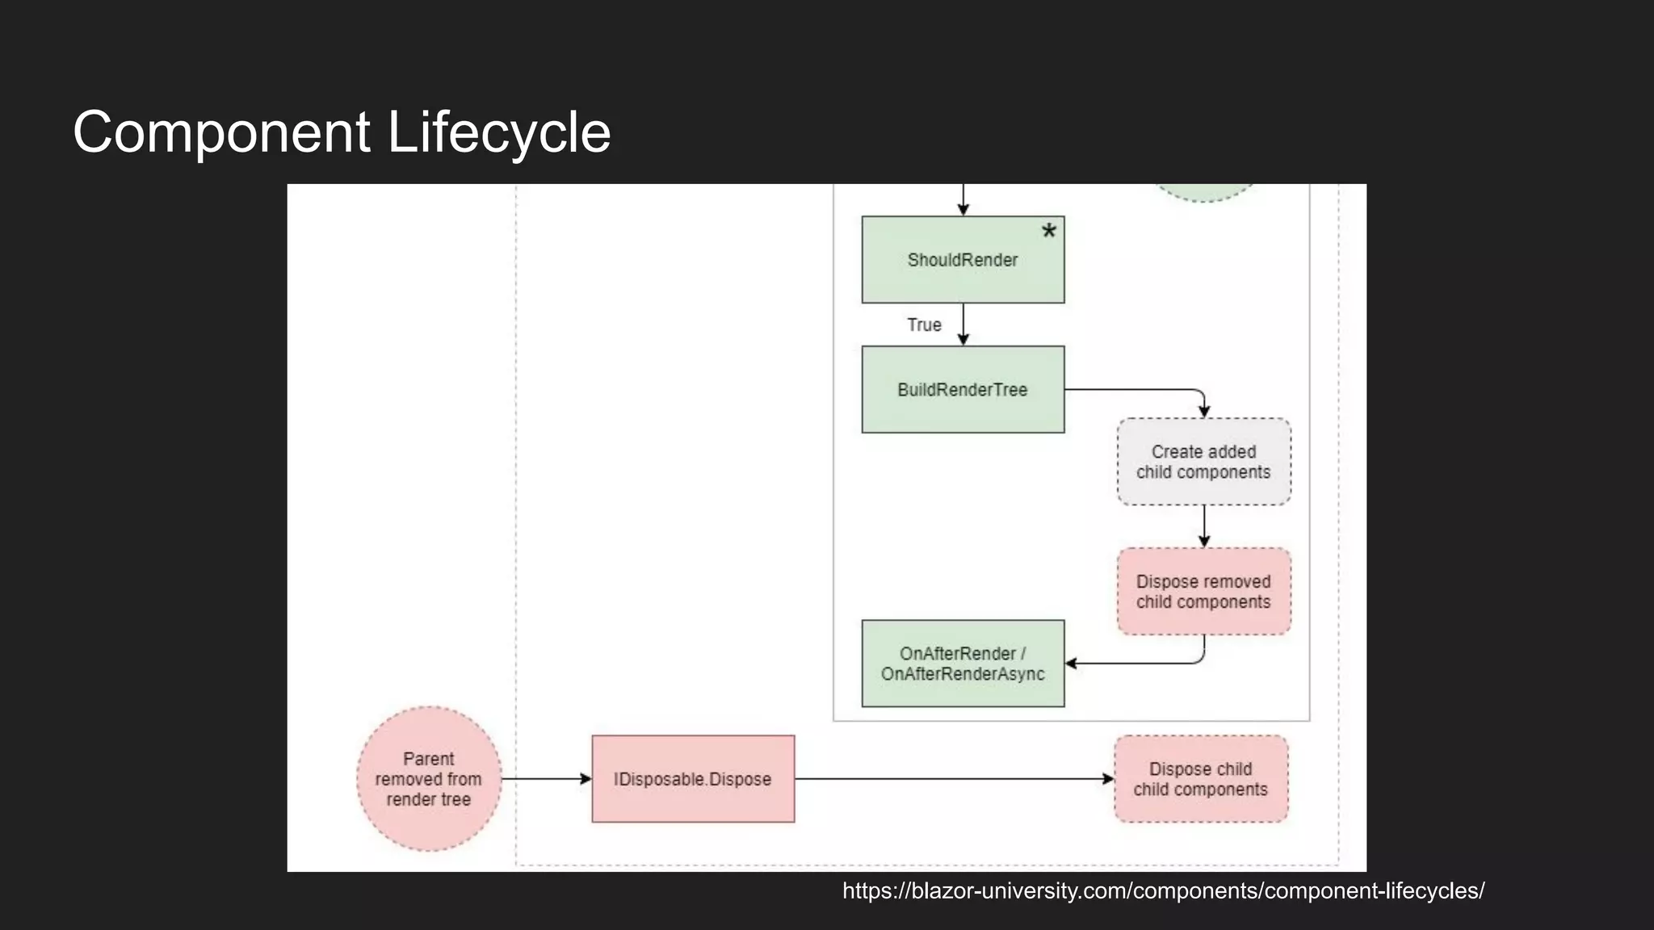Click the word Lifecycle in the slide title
498,132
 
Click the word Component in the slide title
221,132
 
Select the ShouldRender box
963,260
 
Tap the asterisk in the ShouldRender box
1048,232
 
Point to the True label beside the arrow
924,325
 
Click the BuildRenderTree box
963,390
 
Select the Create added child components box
1203,462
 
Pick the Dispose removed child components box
1203,592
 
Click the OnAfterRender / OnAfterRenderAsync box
963,664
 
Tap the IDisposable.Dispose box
693,779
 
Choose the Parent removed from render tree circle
429,779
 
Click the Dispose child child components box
1201,779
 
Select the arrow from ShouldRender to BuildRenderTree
963,325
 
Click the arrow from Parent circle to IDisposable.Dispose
546,779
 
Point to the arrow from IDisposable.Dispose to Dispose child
953,779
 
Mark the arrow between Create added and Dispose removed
1204,526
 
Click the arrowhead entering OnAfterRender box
1072,664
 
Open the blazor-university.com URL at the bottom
1163,891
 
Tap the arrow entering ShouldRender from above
963,200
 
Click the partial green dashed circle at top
1203,192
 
